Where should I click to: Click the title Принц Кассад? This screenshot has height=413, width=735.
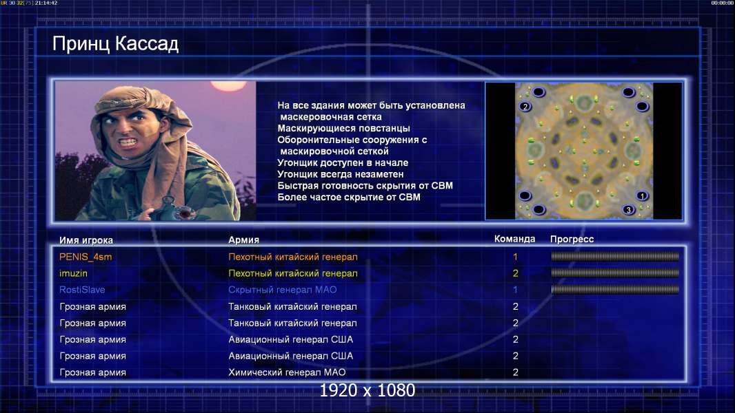point(115,44)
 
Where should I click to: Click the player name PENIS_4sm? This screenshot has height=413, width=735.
point(85,257)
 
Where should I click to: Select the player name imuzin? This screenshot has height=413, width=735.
point(73,273)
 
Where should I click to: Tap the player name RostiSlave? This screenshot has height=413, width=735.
point(82,290)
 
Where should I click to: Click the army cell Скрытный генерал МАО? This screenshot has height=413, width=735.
point(282,290)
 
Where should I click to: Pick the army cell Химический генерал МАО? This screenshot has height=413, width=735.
point(287,372)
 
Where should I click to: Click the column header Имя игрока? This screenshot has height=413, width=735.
point(86,240)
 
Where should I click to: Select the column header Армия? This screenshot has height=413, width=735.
point(244,240)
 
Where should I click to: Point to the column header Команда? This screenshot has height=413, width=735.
point(514,239)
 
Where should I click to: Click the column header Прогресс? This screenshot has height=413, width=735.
point(572,239)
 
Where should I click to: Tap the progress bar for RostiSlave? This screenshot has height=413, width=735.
point(615,290)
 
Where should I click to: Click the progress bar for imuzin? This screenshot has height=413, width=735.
point(615,273)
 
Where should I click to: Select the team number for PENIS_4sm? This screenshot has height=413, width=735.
point(515,257)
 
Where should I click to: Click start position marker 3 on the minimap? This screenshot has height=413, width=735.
point(629,210)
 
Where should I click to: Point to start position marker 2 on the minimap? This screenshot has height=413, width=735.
point(525,107)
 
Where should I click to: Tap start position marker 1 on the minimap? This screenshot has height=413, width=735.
point(642,196)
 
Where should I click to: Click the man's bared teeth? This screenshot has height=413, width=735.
point(127,140)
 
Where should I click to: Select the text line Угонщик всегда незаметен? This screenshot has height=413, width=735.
point(341,174)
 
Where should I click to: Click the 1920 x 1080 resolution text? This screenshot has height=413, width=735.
point(367,390)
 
